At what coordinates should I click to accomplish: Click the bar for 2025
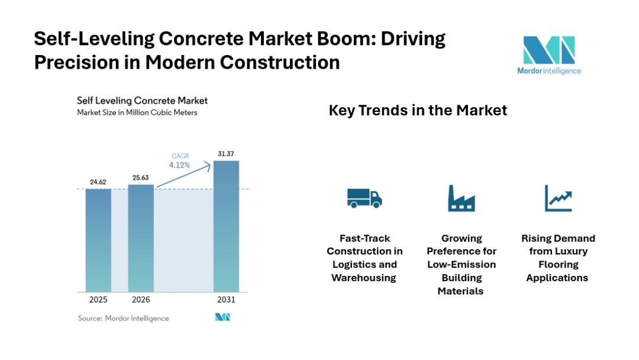98,240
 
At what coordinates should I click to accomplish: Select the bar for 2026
141,237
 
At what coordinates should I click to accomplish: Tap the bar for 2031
226,226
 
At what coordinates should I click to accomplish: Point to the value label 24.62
98,182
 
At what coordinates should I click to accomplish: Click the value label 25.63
141,177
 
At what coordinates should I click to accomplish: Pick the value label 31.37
226,153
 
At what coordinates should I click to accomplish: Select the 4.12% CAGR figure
179,165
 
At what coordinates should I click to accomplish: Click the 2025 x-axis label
98,300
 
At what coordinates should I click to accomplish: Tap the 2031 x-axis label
226,300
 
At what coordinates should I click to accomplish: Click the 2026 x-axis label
141,300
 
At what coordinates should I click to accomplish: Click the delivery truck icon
364,198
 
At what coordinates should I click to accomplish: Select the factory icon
461,198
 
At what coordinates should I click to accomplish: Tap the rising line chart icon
558,198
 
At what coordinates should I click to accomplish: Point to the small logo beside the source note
222,318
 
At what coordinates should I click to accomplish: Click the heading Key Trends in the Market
418,110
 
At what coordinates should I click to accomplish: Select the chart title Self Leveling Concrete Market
142,101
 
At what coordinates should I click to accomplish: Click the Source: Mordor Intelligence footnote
123,318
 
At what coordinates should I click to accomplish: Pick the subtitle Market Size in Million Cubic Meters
137,112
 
